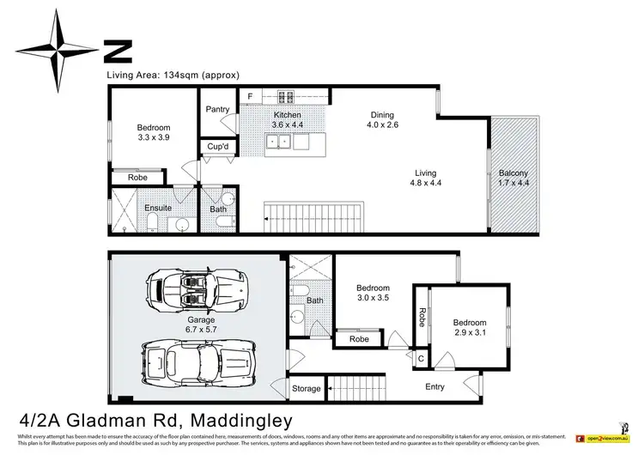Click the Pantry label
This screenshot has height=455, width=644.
coord(217,110)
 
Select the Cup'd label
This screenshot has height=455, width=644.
coord(217,147)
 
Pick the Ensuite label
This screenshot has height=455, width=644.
coord(159,208)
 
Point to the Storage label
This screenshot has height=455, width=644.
coord(307,390)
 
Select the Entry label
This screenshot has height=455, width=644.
coord(435,387)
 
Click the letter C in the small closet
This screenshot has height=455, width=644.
coord(421,358)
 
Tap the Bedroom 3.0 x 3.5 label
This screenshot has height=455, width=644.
coord(373,294)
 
